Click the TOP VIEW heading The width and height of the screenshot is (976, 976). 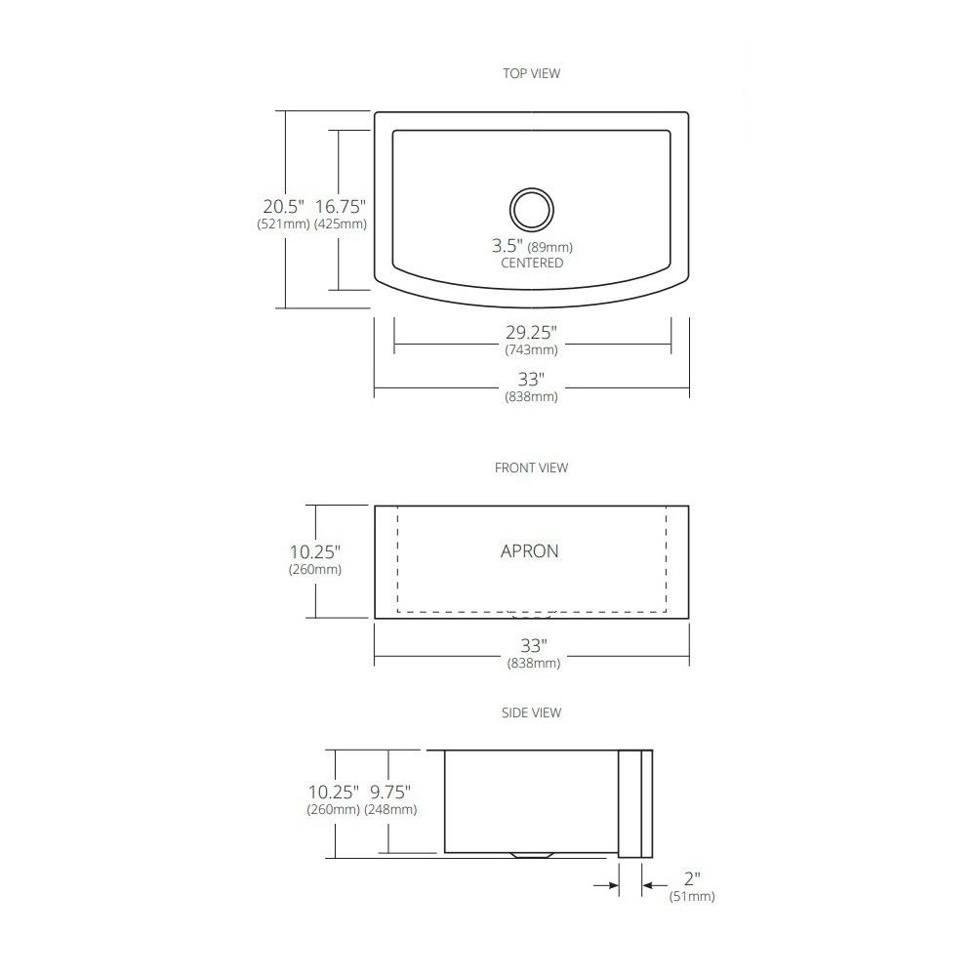tap(531, 73)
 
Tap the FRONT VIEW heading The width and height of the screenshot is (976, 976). tap(531, 468)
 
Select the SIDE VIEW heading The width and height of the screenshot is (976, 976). tap(531, 712)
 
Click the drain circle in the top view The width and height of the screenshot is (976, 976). tap(531, 188)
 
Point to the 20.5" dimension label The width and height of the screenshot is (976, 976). tap(283, 206)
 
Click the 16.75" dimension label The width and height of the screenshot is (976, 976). tap(340, 206)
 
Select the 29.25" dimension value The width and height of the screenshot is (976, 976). tap(531, 333)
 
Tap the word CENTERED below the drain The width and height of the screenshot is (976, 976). tap(532, 263)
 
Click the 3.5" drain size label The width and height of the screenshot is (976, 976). tap(507, 245)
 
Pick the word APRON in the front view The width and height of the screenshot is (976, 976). tap(530, 550)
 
